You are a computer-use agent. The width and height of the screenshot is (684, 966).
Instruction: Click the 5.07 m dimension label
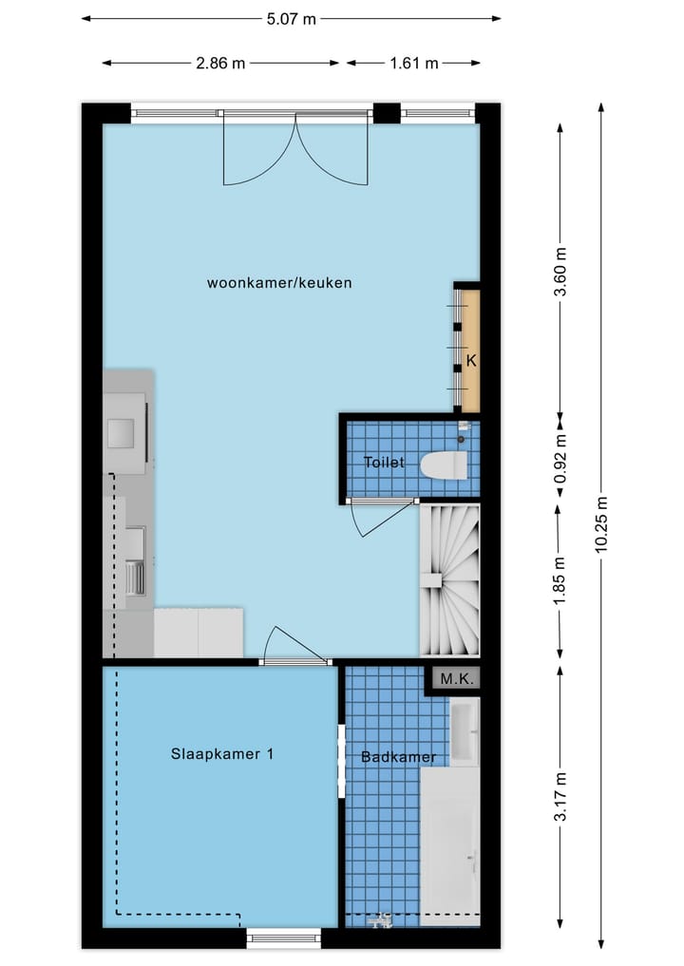(290, 19)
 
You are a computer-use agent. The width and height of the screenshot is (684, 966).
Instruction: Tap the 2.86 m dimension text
(220, 64)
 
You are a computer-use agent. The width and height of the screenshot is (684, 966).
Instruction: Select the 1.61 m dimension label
(413, 64)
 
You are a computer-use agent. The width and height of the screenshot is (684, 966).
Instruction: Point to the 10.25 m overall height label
(600, 528)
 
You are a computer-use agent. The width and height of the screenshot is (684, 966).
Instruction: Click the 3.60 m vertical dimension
(561, 273)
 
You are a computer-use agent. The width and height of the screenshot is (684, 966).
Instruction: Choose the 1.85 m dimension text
(561, 580)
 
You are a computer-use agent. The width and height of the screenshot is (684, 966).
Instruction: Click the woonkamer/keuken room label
(279, 283)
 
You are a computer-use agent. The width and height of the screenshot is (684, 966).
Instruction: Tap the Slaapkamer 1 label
(222, 754)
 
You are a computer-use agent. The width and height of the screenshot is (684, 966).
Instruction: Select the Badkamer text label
(398, 757)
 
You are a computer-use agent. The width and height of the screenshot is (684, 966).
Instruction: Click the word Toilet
(384, 463)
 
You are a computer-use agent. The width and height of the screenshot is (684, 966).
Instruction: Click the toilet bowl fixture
(445, 465)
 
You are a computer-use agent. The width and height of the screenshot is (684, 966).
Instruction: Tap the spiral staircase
(449, 580)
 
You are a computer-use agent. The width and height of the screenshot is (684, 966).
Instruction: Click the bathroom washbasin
(464, 732)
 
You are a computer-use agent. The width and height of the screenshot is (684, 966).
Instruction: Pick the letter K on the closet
(469, 361)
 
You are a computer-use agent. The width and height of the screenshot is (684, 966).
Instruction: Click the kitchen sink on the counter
(135, 578)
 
